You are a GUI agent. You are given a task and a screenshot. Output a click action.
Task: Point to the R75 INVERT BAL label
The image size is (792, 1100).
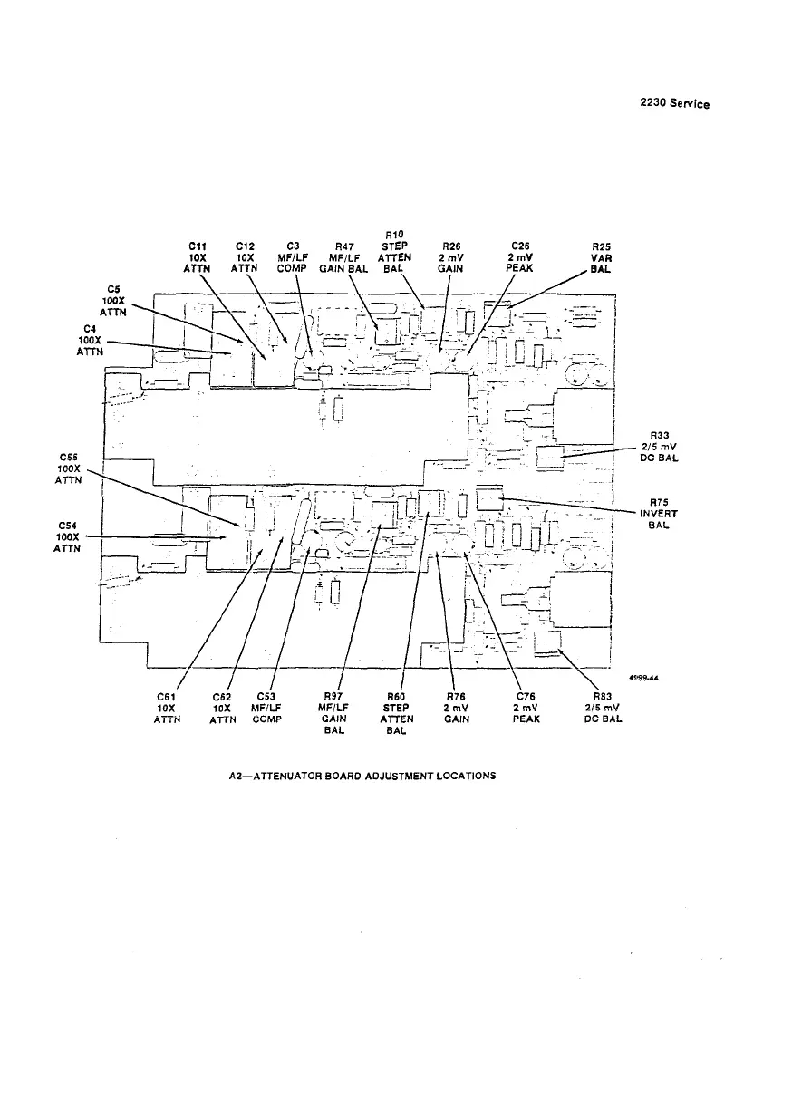[x=659, y=514]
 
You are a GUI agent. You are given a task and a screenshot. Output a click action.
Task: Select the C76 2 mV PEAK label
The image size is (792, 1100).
[x=526, y=708]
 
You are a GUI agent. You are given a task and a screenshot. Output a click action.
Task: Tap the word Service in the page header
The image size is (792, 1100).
[x=691, y=104]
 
